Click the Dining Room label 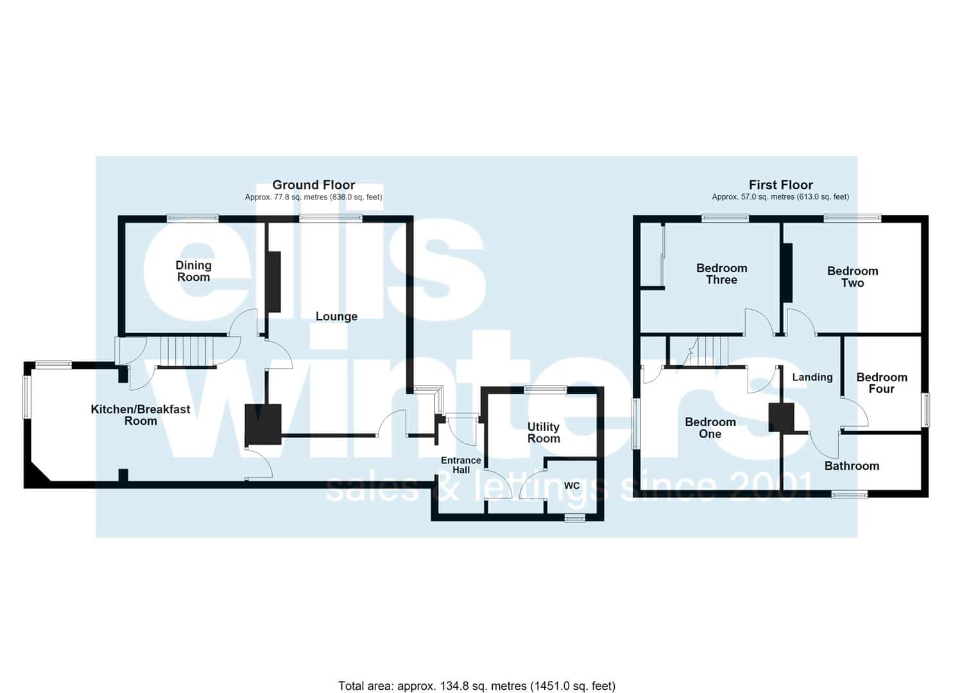click(194, 271)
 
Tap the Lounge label click(336, 316)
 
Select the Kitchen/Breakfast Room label click(141, 415)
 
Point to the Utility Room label click(544, 432)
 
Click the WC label click(572, 486)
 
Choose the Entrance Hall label click(461, 465)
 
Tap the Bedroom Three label click(721, 274)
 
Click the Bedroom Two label click(852, 277)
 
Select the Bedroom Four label click(882, 383)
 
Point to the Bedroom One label click(710, 428)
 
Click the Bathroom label click(852, 466)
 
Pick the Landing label click(812, 377)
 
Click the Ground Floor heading click(314, 185)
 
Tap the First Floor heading click(781, 185)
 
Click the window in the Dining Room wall click(193, 219)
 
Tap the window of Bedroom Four click(925, 409)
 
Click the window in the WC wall click(575, 518)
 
